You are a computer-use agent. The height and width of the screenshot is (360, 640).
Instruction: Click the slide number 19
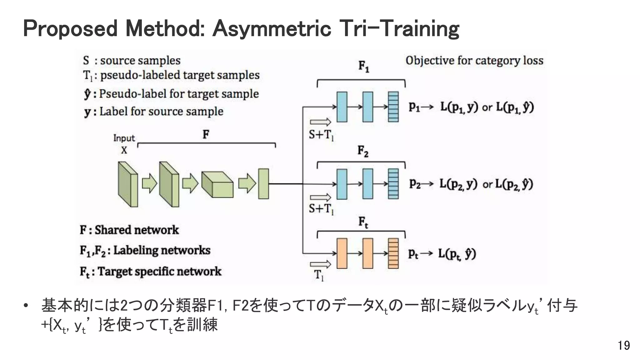click(x=624, y=346)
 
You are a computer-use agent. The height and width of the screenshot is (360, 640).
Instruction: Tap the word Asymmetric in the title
click(x=272, y=28)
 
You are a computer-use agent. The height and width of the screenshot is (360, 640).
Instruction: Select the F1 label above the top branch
click(x=363, y=66)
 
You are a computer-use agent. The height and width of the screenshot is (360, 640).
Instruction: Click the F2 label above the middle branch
click(x=363, y=151)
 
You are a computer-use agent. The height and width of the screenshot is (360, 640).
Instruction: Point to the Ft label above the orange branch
click(x=363, y=222)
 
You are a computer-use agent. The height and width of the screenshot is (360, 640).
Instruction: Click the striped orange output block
click(x=393, y=253)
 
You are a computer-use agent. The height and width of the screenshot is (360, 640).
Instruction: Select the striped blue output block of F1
click(x=393, y=107)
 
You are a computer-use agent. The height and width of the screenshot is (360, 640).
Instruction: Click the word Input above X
click(x=124, y=138)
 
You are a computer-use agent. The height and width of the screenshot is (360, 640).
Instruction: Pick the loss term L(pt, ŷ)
click(x=457, y=253)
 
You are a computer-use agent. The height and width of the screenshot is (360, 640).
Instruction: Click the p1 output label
click(x=415, y=107)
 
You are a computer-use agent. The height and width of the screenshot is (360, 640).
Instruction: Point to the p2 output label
click(x=415, y=184)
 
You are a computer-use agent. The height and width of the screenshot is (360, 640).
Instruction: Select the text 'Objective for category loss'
click(x=474, y=60)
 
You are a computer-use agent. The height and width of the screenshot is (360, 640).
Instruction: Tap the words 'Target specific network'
click(x=159, y=271)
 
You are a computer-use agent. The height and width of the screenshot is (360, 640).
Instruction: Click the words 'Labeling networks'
click(x=162, y=250)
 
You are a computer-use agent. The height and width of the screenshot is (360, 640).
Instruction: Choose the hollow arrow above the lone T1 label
click(x=320, y=264)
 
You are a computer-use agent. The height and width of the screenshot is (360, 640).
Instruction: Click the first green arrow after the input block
click(x=150, y=184)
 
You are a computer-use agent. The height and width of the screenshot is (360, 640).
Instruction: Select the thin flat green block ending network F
click(x=263, y=184)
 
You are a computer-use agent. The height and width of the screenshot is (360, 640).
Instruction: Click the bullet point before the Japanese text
click(x=26, y=305)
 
